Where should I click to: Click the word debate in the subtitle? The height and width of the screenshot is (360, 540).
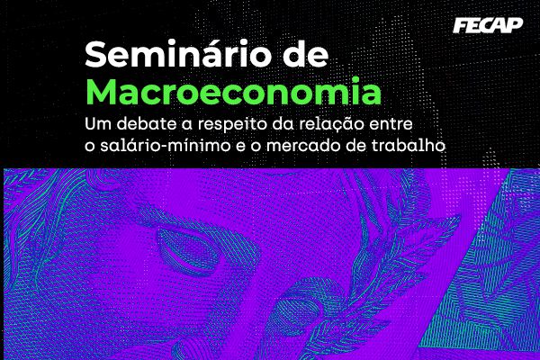click(146, 121)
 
